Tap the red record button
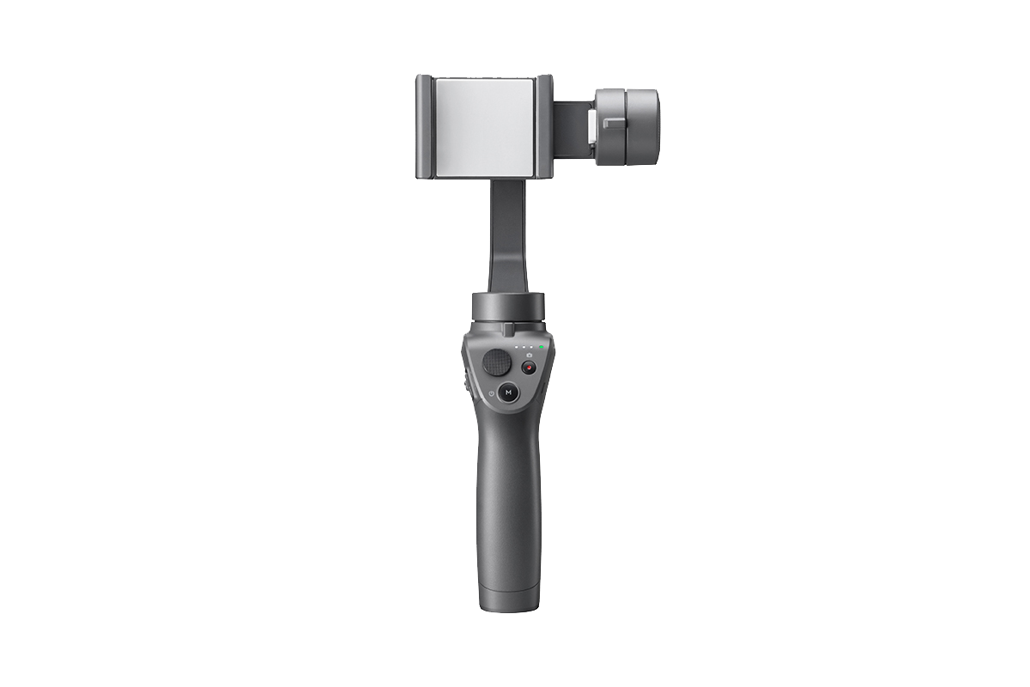(x=529, y=367)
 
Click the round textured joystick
(x=496, y=362)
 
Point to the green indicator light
(x=542, y=346)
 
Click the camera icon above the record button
(x=530, y=354)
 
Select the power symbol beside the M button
(x=491, y=392)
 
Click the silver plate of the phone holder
(x=485, y=125)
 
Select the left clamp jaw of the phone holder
(x=424, y=126)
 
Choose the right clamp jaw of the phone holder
(x=544, y=126)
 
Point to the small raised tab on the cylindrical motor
(x=613, y=123)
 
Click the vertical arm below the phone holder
(x=509, y=236)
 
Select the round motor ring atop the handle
(x=507, y=306)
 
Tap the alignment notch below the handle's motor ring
(x=508, y=329)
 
